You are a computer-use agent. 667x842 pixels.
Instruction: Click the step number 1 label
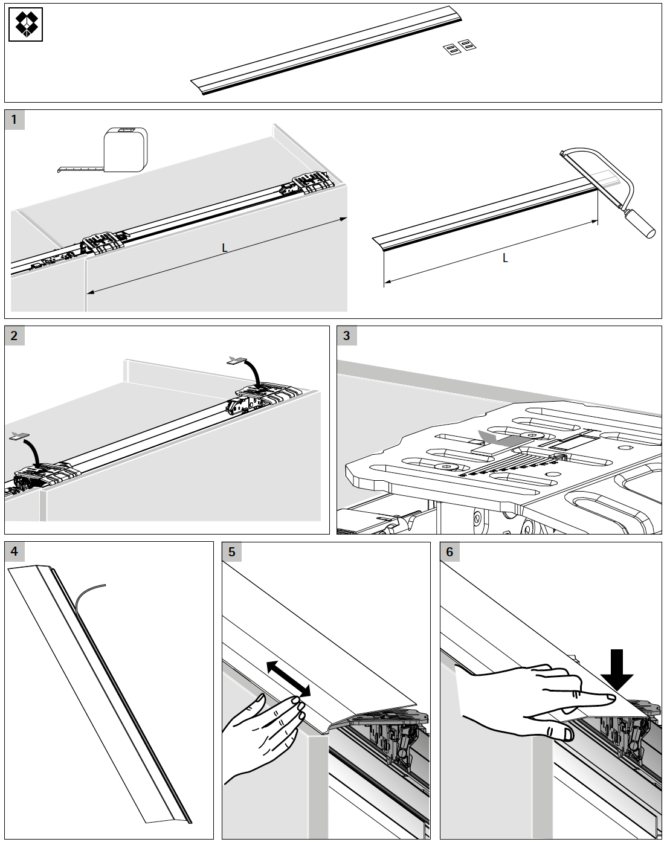14,120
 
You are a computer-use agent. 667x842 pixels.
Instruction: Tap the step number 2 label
14,336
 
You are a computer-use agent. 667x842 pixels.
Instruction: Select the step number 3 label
346,336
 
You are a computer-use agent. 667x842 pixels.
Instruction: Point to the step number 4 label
14,551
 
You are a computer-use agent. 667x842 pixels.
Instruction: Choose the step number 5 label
232,551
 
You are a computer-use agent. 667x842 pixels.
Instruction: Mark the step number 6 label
449,551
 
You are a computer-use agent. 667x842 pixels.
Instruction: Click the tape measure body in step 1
124,149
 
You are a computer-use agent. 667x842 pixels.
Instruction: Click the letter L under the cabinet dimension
224,248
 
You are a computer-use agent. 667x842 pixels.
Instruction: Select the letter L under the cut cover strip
505,258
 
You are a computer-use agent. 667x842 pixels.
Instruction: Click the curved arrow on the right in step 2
254,369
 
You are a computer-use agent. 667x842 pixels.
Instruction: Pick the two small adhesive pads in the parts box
457,48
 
